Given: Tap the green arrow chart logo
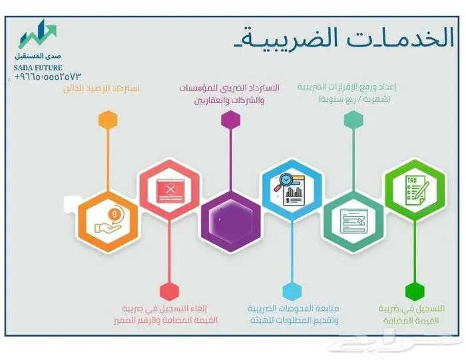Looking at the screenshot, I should [x=37, y=35].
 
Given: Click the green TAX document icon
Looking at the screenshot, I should [x=414, y=188].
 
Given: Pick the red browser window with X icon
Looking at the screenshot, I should [x=169, y=188].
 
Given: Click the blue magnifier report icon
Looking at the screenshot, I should [x=292, y=188].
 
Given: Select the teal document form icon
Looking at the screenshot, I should [x=353, y=218].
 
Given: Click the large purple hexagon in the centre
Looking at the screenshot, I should [x=230, y=218].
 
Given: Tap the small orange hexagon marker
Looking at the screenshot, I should [x=107, y=120].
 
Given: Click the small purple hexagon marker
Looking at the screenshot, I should [x=230, y=120].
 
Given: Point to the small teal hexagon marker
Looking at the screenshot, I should [x=353, y=120].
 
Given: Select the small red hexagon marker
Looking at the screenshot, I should [x=169, y=291].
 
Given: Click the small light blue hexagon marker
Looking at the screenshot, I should [x=292, y=291].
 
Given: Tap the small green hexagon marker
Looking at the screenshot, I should [x=414, y=291].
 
